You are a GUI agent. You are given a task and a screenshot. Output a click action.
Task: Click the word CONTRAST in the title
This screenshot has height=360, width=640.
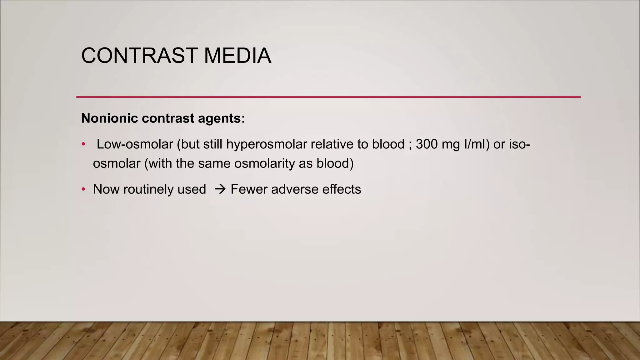click(x=139, y=56)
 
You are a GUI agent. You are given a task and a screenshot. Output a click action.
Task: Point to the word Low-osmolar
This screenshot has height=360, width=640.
click(x=135, y=144)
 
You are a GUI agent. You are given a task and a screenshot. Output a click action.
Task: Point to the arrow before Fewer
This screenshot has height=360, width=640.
click(x=220, y=189)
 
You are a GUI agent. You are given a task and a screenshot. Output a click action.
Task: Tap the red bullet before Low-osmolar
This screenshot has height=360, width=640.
click(x=83, y=144)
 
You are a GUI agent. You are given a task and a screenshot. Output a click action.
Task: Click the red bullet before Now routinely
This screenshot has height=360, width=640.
click(x=83, y=189)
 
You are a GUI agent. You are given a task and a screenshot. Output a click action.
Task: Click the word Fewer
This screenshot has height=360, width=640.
click(x=249, y=189)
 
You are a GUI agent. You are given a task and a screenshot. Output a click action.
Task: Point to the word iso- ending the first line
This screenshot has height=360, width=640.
click(x=520, y=144)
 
